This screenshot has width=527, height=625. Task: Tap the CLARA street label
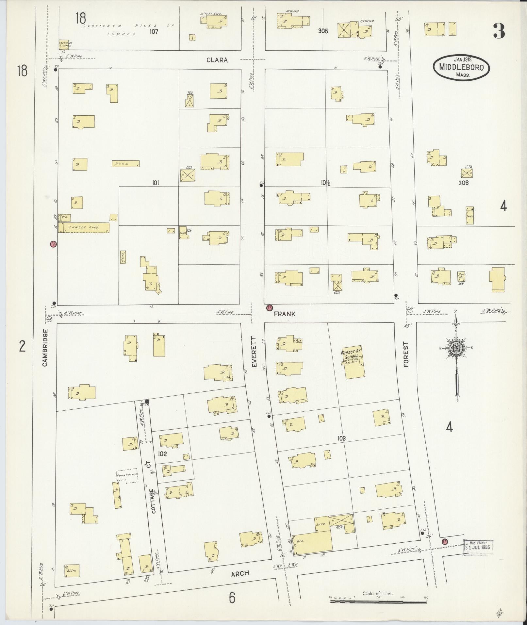point(217,60)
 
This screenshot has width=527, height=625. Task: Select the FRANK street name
point(284,314)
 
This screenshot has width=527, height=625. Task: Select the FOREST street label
point(406,354)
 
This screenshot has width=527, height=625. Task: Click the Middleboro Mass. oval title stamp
point(461,67)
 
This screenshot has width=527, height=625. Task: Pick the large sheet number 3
point(499,32)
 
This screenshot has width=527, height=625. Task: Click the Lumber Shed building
point(84,227)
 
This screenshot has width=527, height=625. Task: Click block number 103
point(342,438)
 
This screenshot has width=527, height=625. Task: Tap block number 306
point(463,183)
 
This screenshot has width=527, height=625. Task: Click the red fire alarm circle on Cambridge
point(53,244)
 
